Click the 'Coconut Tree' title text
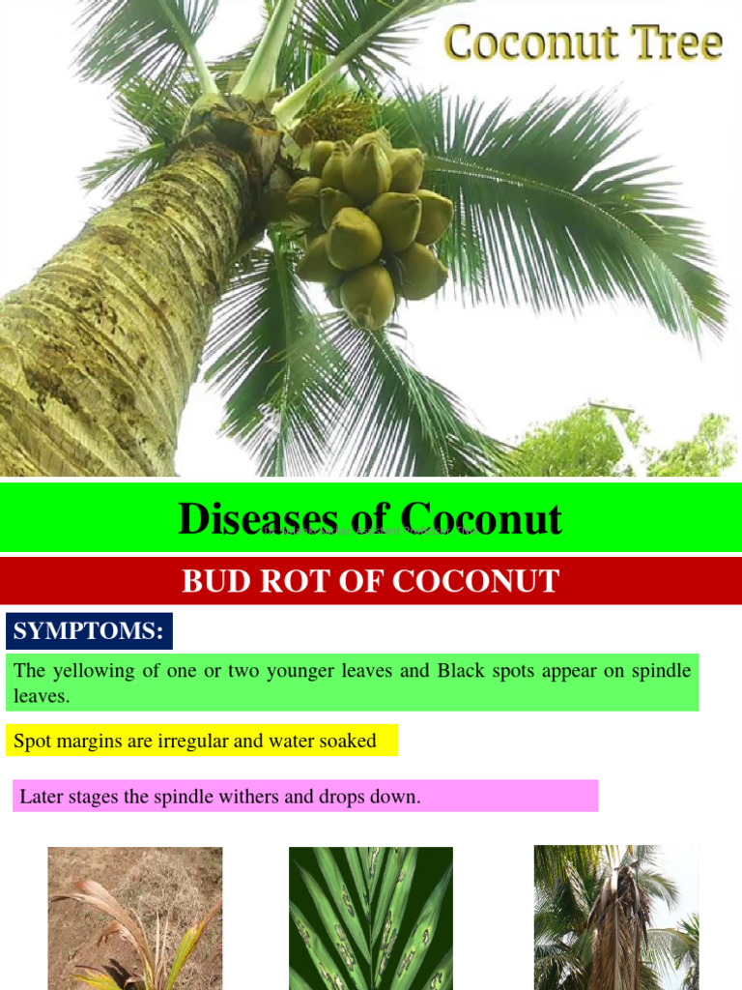point(583,44)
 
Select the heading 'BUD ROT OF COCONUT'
point(371,581)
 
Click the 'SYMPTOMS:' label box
point(89,631)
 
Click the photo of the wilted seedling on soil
point(135,918)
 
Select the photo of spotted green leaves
point(371,918)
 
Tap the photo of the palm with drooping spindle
point(615,918)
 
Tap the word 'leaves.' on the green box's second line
point(42,696)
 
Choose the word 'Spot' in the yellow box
point(31,742)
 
